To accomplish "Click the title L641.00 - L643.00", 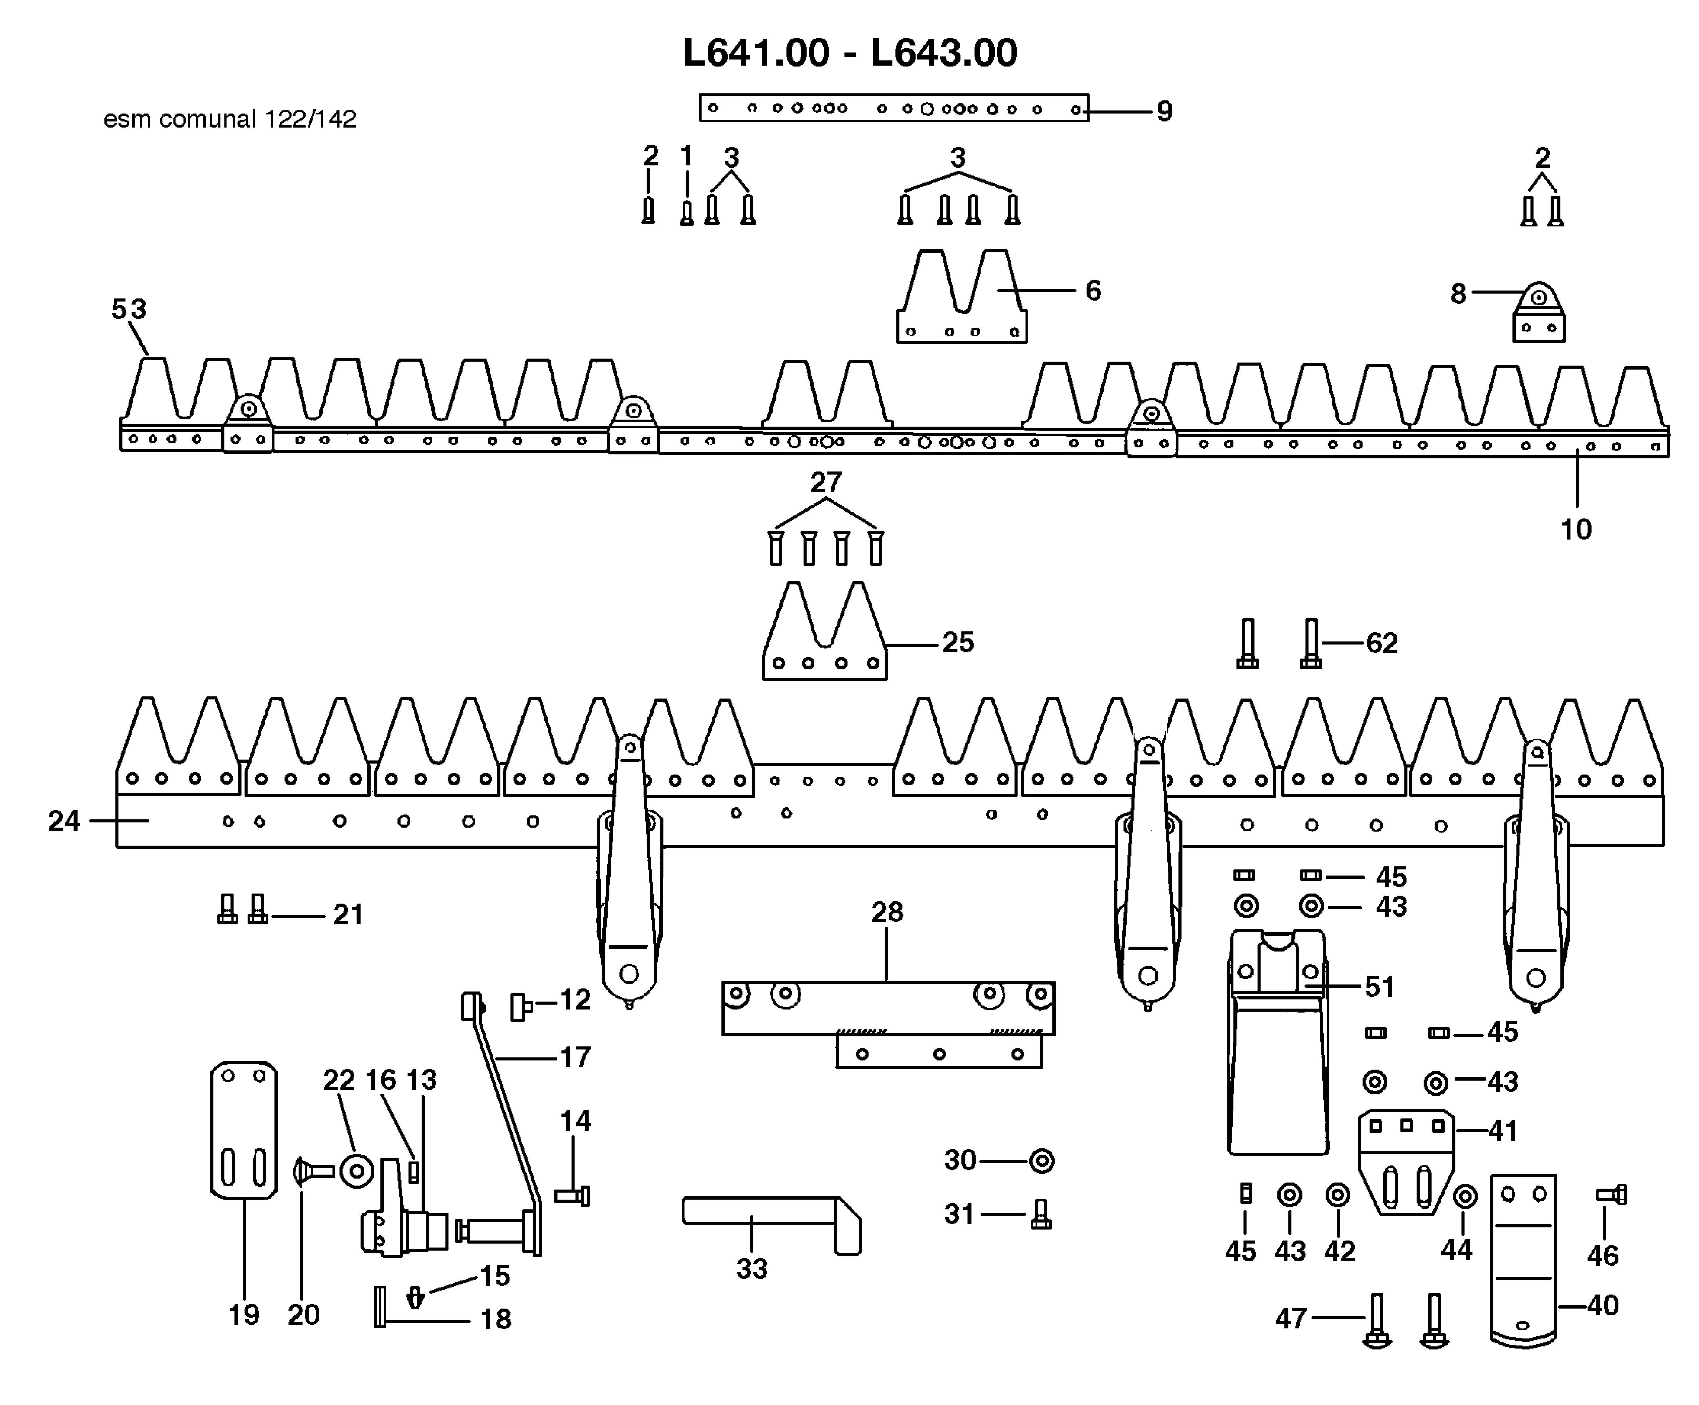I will [849, 53].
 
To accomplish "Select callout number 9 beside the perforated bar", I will [1164, 111].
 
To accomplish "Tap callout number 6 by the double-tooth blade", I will [1093, 291].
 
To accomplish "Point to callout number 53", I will [129, 309].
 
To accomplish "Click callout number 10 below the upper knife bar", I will [1575, 530].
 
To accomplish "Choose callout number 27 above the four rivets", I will [826, 483].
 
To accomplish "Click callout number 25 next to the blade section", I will [958, 642].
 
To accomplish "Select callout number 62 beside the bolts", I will [1382, 643].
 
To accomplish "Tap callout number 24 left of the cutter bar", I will [64, 821].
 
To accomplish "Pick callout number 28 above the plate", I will [887, 912].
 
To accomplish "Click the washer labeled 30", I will [1041, 1161].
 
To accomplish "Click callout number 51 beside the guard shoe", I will [1379, 987].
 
